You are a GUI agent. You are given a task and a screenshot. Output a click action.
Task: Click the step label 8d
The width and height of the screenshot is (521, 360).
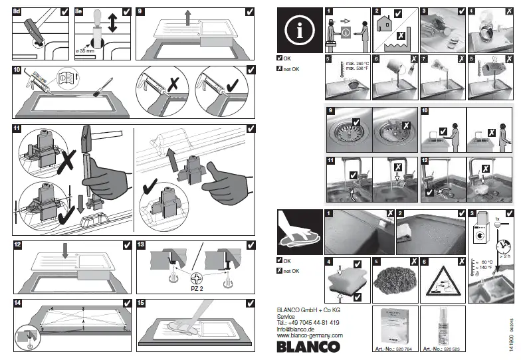[18, 11]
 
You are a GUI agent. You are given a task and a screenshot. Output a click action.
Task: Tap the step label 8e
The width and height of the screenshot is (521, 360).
[80, 11]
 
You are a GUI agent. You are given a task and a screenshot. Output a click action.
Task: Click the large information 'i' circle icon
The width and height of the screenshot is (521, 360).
[299, 30]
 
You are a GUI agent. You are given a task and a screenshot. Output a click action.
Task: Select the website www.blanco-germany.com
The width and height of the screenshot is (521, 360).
[309, 335]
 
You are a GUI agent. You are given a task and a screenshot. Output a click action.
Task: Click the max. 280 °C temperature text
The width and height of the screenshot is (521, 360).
[358, 66]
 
